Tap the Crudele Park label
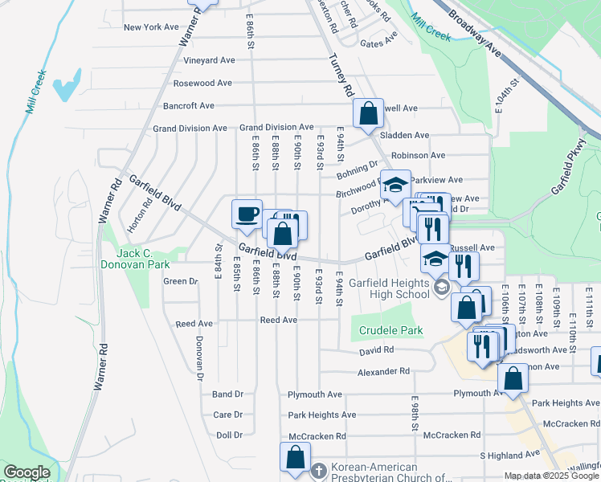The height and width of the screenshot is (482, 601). click(x=390, y=330)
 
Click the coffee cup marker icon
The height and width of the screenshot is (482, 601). click(x=247, y=214)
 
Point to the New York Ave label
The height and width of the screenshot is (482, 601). click(x=151, y=27)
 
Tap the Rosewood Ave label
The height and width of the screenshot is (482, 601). click(x=202, y=83)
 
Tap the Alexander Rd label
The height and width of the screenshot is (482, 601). click(x=383, y=372)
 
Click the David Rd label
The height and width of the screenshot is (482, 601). click(x=377, y=350)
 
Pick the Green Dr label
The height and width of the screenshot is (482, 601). click(x=181, y=281)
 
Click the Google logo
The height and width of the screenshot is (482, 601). click(x=27, y=472)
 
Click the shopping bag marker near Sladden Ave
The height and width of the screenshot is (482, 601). click(x=368, y=114)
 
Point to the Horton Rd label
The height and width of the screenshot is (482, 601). click(x=146, y=214)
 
